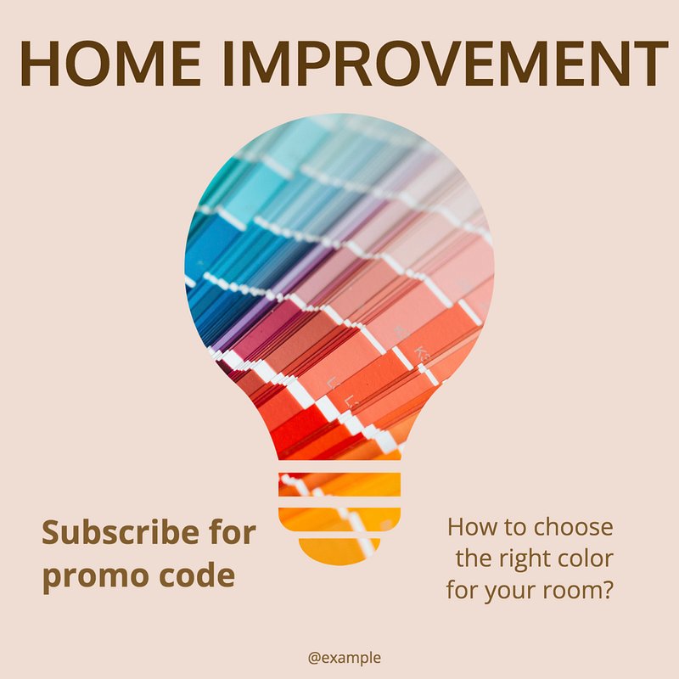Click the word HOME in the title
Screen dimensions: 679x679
tap(110, 63)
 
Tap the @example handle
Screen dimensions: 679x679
tap(345, 657)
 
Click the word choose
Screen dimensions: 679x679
tap(574, 527)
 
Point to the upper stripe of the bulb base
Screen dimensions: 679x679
tap(339, 485)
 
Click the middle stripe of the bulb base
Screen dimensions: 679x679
tap(339, 519)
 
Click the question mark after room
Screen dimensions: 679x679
tap(608, 589)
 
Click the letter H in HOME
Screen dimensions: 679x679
tap(39, 63)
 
